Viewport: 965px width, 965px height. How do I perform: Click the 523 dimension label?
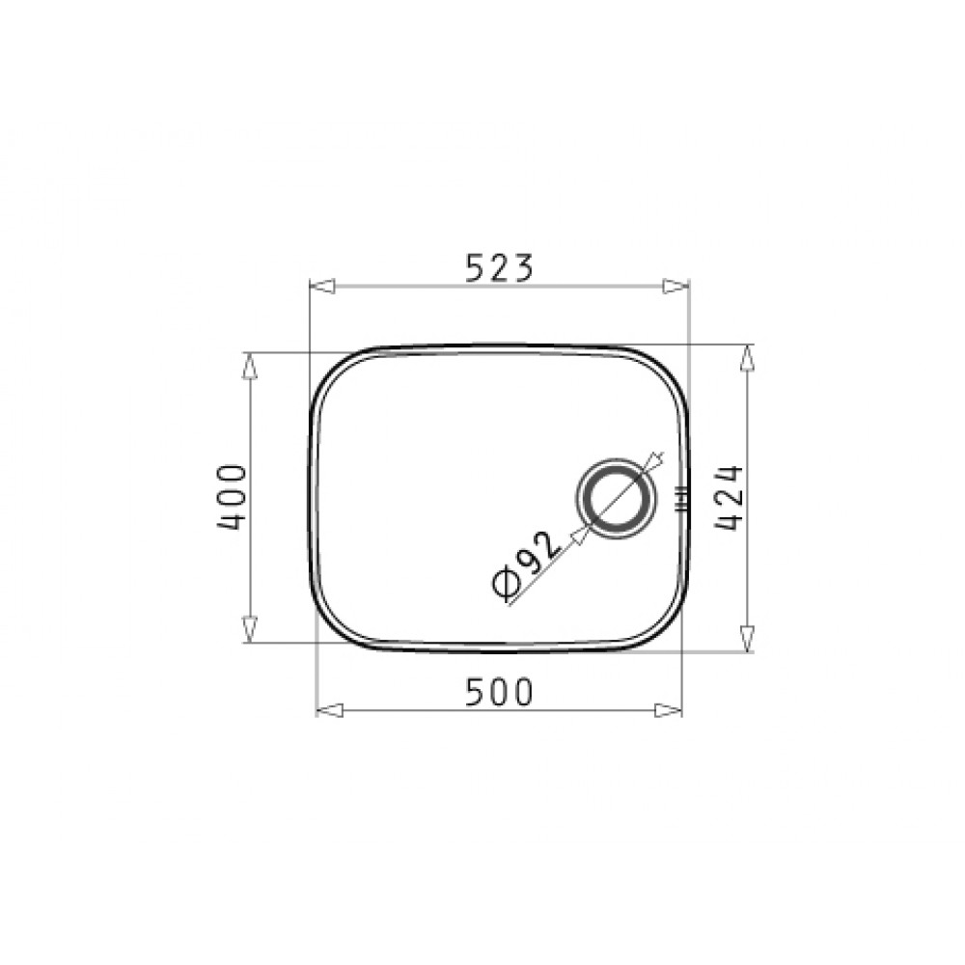[x=498, y=267]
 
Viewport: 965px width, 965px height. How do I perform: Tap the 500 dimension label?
[x=498, y=692]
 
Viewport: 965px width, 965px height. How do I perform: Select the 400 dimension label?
[x=232, y=497]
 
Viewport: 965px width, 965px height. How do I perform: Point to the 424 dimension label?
[x=730, y=498]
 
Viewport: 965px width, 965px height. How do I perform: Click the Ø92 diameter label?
[x=527, y=564]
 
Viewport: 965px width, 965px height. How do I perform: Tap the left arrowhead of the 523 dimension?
[x=321, y=287]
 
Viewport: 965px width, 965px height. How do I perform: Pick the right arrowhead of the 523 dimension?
[x=675, y=287]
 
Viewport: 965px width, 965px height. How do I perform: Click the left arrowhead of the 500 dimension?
[x=329, y=710]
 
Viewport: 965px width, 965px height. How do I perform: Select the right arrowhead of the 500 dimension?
[x=669, y=710]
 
